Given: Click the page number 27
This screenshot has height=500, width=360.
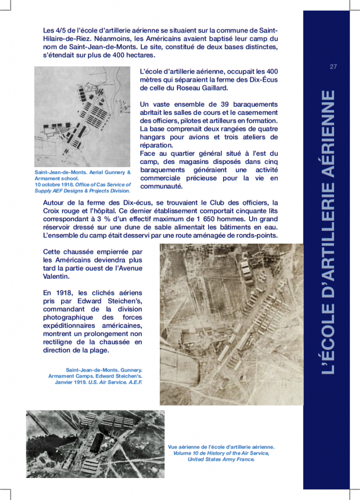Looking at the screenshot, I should (334, 67).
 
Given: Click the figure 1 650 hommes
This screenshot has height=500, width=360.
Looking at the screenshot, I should (212, 219).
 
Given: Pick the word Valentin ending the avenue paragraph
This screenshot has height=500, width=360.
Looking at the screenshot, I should (56, 276).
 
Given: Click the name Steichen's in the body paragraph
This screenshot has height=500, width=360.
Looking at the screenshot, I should (126, 301).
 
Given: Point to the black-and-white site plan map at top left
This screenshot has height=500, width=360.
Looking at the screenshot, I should (83, 117).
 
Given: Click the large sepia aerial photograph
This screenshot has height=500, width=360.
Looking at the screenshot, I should (231, 324).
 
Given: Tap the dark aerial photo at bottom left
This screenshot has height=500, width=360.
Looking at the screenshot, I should (95, 443).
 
